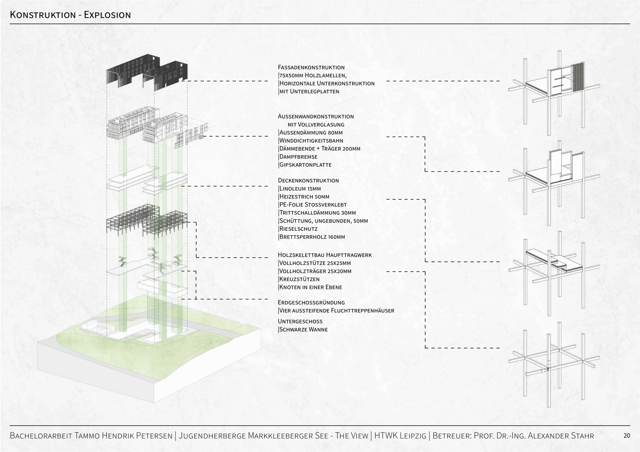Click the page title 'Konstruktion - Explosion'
click(x=70, y=15)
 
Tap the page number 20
click(x=626, y=436)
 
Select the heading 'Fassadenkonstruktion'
click(x=311, y=67)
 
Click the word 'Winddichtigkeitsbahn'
click(x=311, y=141)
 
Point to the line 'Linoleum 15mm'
click(x=300, y=189)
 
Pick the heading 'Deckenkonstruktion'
click(x=308, y=181)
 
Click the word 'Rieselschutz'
click(x=298, y=229)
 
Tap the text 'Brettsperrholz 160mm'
click(x=312, y=237)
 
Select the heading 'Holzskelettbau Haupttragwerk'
click(x=325, y=255)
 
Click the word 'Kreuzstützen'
click(x=299, y=279)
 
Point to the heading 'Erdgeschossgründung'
click(x=311, y=302)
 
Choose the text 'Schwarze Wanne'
click(x=303, y=329)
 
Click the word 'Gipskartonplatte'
click(x=305, y=165)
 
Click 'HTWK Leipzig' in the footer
click(x=400, y=436)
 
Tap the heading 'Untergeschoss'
click(x=300, y=321)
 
